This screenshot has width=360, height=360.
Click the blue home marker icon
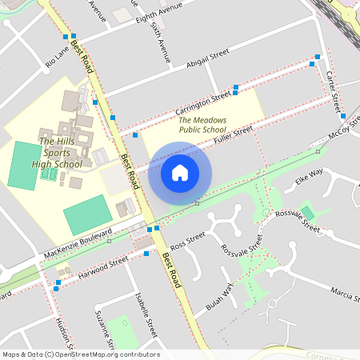pyautogui.click(x=180, y=173)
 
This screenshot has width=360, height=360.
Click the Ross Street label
pyautogui.click(x=188, y=240)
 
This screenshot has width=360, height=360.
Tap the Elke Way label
pyautogui.click(x=309, y=175)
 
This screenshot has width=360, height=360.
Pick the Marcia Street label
pyautogui.click(x=342, y=294)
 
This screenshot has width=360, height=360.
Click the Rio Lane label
pyautogui.click(x=57, y=56)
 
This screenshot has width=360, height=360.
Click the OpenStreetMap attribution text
pyautogui.click(x=80, y=354)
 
